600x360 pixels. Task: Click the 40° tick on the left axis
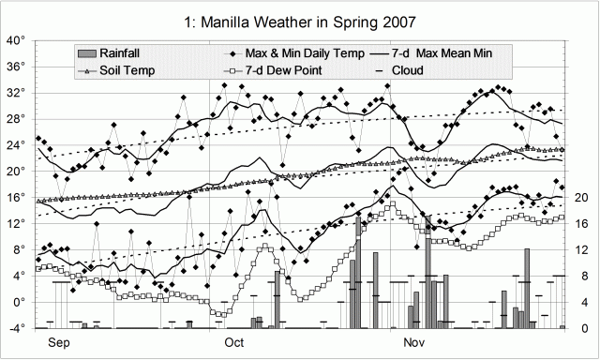click(x=17, y=40)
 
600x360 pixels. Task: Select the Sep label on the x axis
click(x=58, y=343)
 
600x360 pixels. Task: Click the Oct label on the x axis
click(x=233, y=343)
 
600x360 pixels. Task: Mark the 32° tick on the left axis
click(x=17, y=93)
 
